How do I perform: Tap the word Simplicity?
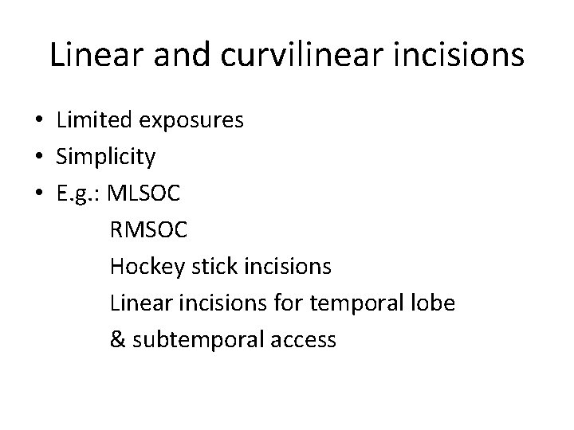pyautogui.click(x=106, y=158)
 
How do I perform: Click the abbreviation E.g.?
pyautogui.click(x=79, y=194)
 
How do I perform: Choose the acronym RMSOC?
pyautogui.click(x=149, y=230)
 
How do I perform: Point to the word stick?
pyautogui.click(x=205, y=267)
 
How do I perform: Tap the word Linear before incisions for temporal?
pyautogui.click(x=136, y=303)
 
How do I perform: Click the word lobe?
pyautogui.click(x=432, y=303)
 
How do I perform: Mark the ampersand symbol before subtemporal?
pyautogui.click(x=118, y=340)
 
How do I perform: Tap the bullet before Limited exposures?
pyautogui.click(x=39, y=122)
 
